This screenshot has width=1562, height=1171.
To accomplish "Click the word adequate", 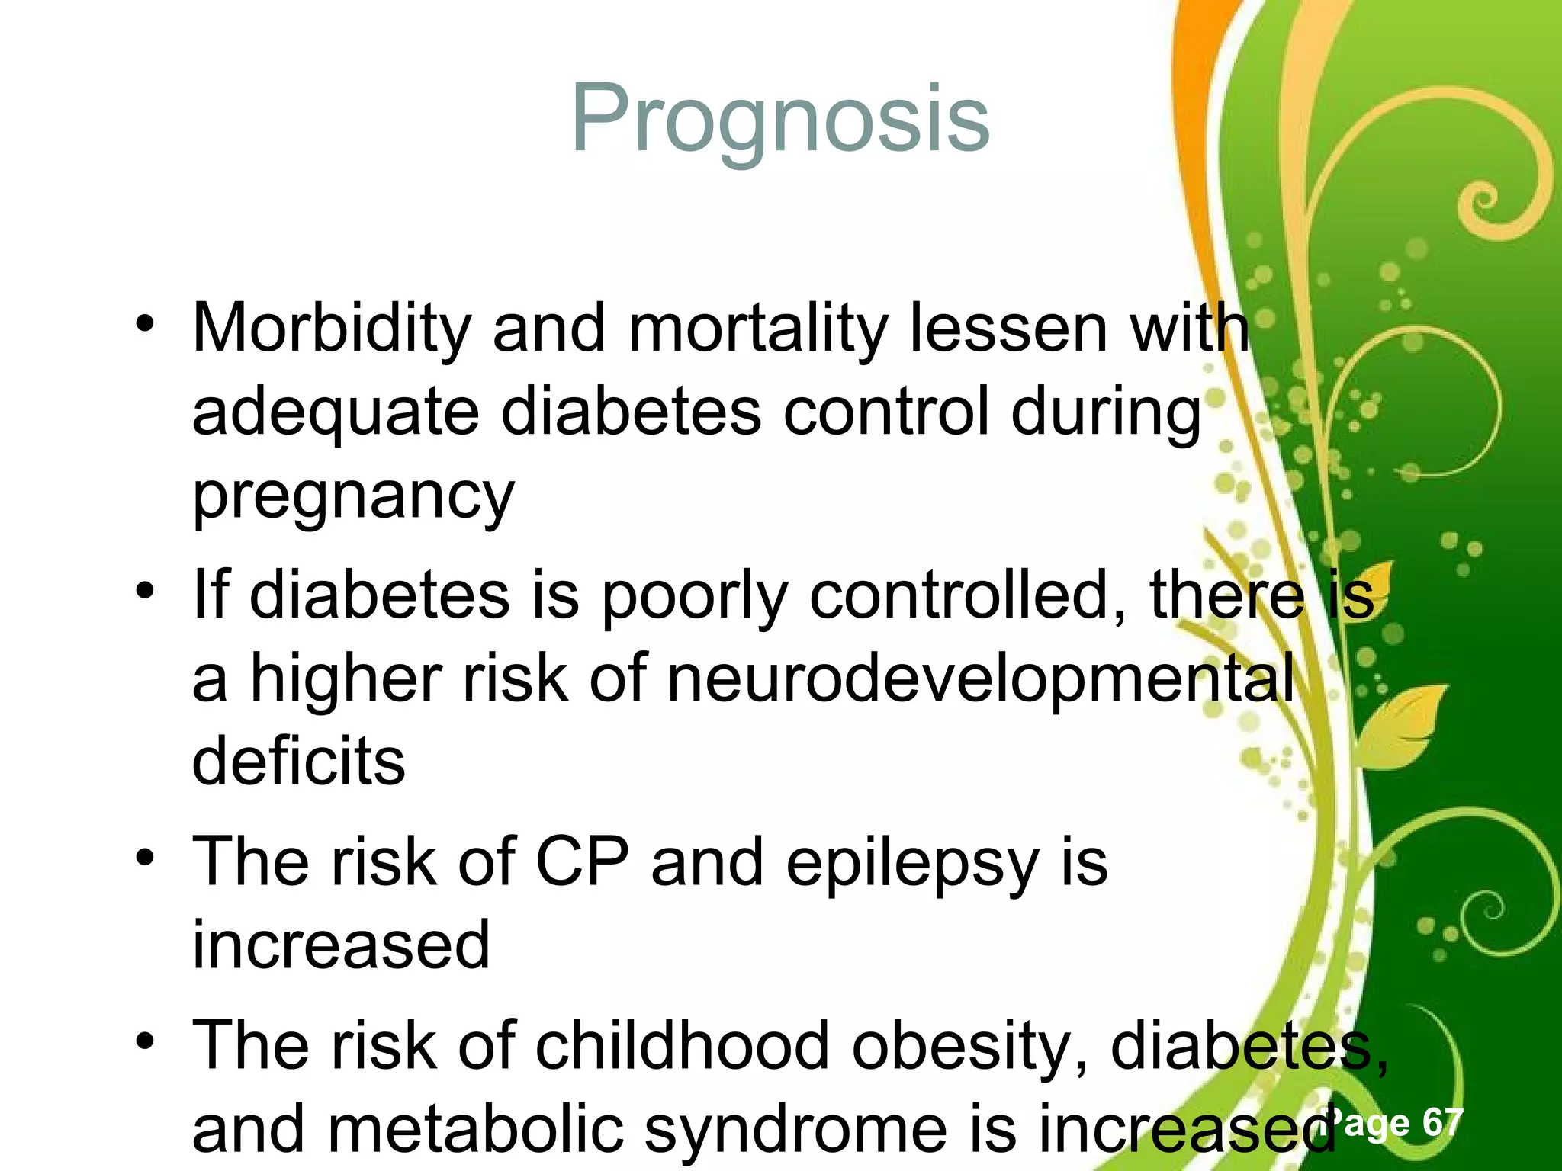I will point(336,412).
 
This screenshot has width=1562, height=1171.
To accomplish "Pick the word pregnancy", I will point(353,496).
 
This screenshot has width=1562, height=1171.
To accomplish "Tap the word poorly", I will point(695,596).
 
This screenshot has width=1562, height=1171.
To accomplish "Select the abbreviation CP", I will point(582,861).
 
